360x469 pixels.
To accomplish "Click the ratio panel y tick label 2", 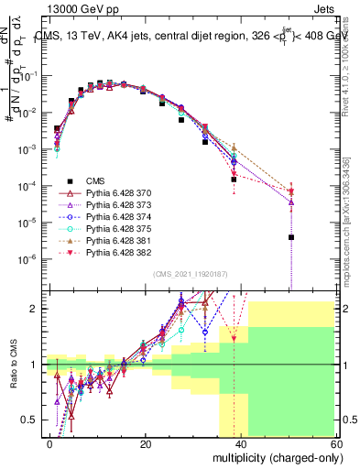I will point(34,309).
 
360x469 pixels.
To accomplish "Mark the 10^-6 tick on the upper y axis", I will point(27,258).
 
